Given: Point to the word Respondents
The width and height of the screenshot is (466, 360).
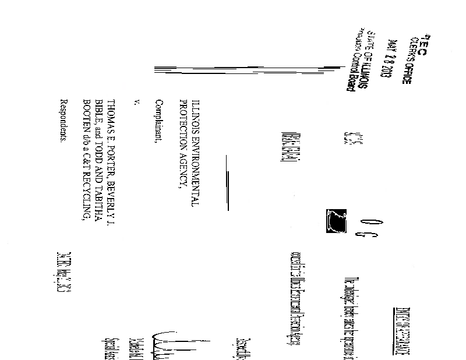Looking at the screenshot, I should point(64,122).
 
